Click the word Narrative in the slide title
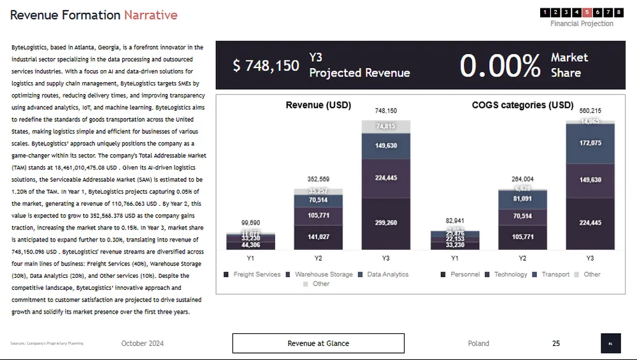150,15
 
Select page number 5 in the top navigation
587,12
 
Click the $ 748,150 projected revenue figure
266,66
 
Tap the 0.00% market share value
500,66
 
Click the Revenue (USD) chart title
318,105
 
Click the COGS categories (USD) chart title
522,105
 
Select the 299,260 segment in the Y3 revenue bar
386,223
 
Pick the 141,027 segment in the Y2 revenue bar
318,237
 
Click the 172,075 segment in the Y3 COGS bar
590,143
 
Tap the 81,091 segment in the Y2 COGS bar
522,198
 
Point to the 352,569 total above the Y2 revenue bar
318,179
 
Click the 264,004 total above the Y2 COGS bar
522,179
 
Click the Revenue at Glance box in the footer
318,343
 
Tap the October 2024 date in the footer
143,343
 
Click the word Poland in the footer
478,343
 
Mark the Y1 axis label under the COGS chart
455,259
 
